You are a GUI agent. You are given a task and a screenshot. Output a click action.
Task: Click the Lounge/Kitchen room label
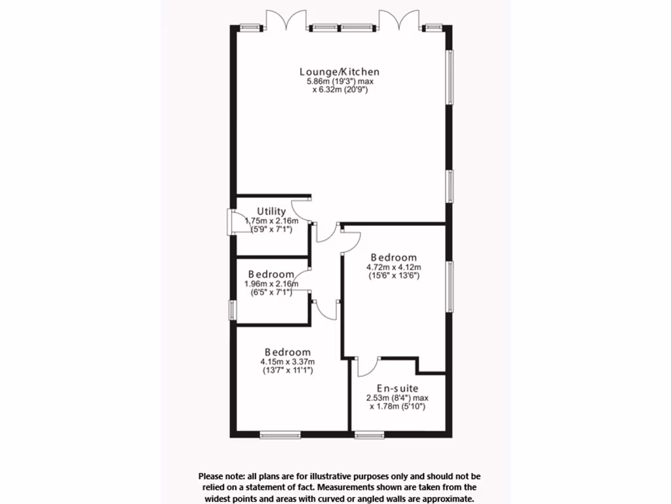(x=339, y=72)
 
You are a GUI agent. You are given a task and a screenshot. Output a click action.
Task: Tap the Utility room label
(x=271, y=211)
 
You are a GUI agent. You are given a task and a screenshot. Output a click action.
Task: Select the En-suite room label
(x=396, y=388)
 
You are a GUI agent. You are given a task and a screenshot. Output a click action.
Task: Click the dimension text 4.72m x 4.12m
(x=393, y=267)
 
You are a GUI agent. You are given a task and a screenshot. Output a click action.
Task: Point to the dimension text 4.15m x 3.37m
(x=288, y=362)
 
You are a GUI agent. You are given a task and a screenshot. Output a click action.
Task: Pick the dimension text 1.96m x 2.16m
(x=271, y=283)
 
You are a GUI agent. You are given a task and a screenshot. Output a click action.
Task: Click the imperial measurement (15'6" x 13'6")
(x=393, y=276)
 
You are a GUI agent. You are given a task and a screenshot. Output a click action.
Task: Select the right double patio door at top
(x=400, y=20)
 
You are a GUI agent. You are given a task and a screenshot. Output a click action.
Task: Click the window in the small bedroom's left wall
(x=231, y=309)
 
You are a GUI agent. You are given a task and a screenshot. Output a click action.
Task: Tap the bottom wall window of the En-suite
(x=369, y=434)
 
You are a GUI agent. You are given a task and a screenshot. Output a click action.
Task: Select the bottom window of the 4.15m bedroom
(x=280, y=434)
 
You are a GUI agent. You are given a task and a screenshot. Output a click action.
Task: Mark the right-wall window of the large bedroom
(x=450, y=287)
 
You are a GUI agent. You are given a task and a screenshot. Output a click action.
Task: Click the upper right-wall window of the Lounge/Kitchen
(x=450, y=77)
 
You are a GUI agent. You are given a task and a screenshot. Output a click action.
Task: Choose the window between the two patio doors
(x=343, y=28)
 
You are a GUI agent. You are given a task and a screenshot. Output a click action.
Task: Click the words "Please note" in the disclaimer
(x=220, y=476)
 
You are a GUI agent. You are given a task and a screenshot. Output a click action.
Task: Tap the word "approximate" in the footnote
(x=448, y=499)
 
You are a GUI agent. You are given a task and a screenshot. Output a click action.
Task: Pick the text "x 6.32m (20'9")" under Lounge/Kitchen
(x=339, y=90)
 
